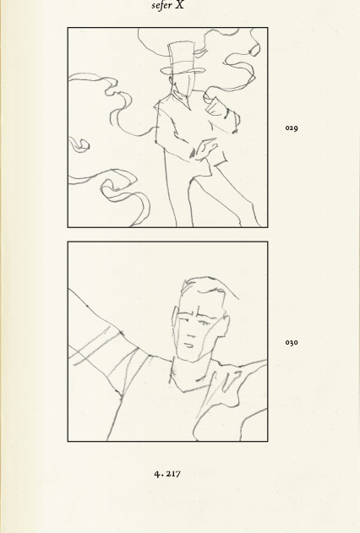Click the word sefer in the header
pos(161,5)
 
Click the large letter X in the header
pos(180,5)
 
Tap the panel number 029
pos(292,128)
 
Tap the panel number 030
pos(292,342)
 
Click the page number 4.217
pos(167,474)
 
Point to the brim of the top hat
pos(183,70)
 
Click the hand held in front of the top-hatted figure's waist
pos(205,149)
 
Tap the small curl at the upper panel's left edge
pos(79,144)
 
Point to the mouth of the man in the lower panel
pos(188,345)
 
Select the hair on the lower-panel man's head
pos(207,287)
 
